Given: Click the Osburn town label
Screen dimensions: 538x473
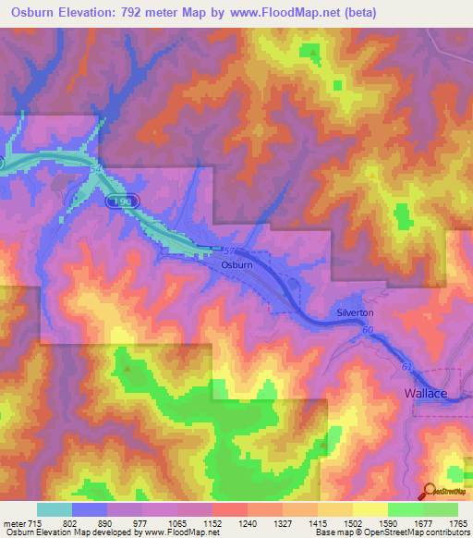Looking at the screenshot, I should (x=236, y=264).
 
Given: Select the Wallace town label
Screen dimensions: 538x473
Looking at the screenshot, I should (x=426, y=394).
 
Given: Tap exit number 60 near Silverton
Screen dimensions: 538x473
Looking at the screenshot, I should (x=367, y=330).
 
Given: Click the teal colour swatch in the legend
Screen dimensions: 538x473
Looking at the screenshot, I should (x=55, y=509).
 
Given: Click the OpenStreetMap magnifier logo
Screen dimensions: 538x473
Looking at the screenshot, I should (x=429, y=492).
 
